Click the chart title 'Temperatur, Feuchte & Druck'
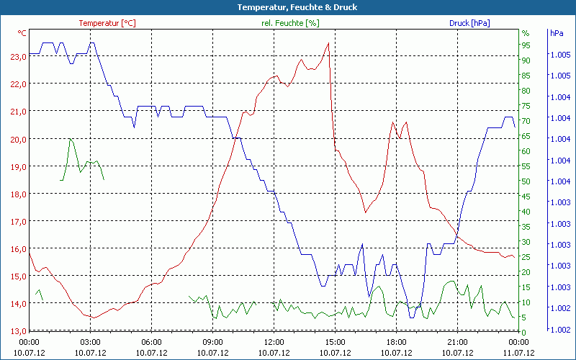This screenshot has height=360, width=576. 287,7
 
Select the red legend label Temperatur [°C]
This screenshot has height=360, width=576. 107,23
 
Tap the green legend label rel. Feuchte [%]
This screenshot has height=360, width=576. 290,23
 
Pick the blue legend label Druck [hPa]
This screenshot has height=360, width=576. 469,23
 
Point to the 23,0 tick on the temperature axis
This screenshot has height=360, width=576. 17,56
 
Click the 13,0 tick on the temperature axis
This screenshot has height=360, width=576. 17,330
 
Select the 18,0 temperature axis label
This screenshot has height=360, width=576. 17,194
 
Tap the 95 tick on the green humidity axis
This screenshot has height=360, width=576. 526,45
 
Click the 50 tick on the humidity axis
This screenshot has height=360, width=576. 526,181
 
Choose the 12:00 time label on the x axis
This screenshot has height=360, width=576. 274,342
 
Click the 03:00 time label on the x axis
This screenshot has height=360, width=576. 90,342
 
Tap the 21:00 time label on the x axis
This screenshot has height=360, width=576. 457,342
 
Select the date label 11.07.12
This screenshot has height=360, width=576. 519,353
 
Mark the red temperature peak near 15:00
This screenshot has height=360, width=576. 328,43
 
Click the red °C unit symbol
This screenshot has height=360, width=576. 22,33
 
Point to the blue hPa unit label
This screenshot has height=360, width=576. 557,33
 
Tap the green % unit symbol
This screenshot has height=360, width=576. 526,33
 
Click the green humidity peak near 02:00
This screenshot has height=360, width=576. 71,139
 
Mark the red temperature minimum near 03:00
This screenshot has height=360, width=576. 91,318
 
